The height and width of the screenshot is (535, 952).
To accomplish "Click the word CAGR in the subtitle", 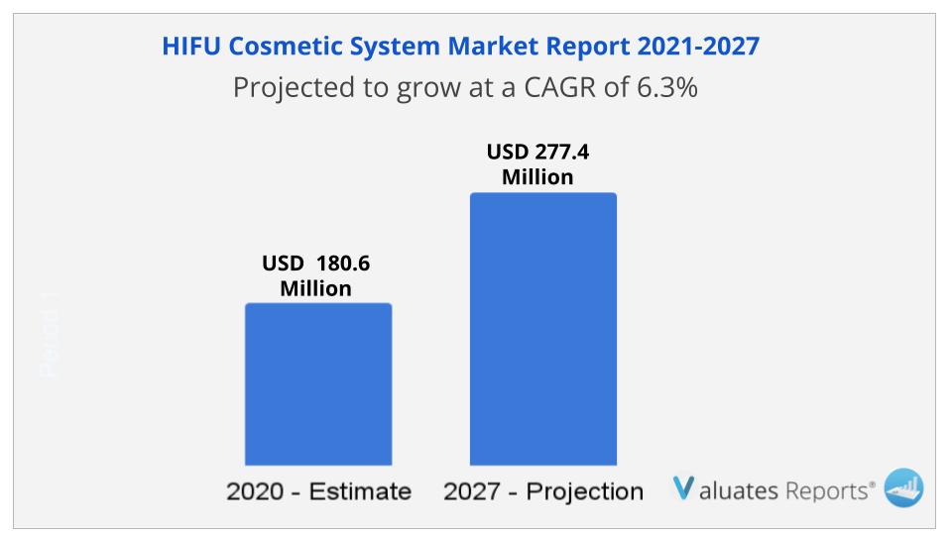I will [x=564, y=87].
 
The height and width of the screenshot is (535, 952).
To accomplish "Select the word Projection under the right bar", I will [x=586, y=491].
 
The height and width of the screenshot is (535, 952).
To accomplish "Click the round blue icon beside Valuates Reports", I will [x=902, y=487].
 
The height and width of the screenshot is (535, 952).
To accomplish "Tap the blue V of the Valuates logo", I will [x=683, y=487].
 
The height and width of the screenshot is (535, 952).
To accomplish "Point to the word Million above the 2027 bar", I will [x=537, y=177].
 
